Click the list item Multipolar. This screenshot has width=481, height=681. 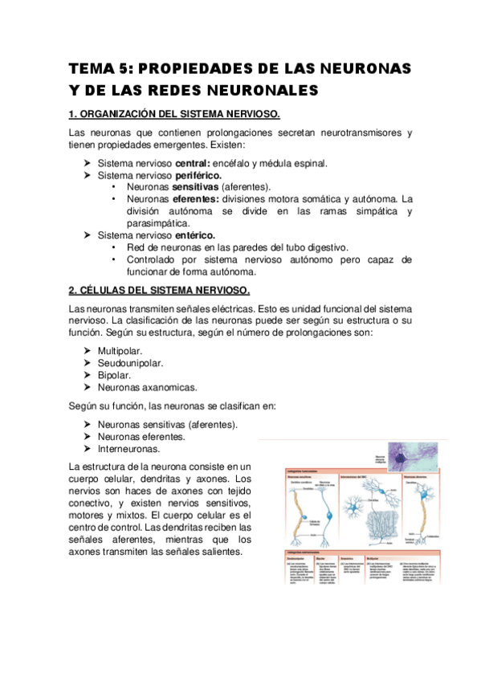point(120,351)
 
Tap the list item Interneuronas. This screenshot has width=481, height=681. point(128,449)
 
